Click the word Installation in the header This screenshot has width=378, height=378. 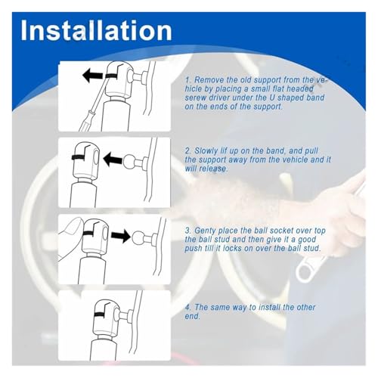[96, 30]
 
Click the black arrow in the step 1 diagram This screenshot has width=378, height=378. [93, 76]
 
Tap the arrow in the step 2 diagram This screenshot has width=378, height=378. [113, 160]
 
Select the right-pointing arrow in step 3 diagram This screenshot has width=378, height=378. [121, 236]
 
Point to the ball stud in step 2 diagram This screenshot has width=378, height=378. [130, 161]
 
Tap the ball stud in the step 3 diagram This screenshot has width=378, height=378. [138, 237]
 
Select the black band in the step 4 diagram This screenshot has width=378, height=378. [104, 315]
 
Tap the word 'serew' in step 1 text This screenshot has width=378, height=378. [195, 98]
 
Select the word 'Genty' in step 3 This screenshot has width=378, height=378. [205, 231]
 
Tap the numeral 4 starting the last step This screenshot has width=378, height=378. [187, 307]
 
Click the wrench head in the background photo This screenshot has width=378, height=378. [305, 271]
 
